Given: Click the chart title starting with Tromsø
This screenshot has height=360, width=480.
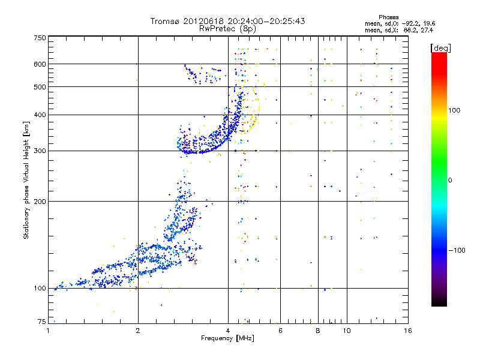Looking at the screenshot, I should pyautogui.click(x=227, y=21).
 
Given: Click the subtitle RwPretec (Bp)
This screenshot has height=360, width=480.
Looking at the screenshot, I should pyautogui.click(x=228, y=28).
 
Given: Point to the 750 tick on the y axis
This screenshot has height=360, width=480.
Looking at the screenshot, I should pyautogui.click(x=40, y=38).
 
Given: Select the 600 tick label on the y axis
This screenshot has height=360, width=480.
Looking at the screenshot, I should pyautogui.click(x=40, y=64).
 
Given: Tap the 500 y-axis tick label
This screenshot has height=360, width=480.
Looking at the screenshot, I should pyautogui.click(x=40, y=87).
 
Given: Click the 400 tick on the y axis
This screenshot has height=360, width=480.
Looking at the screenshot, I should pyautogui.click(x=40, y=115).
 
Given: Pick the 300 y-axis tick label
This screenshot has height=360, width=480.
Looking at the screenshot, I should pyautogui.click(x=40, y=151).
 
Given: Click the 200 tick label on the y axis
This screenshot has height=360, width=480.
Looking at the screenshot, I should pyautogui.click(x=40, y=202).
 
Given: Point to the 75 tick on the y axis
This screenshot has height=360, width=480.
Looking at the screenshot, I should pyautogui.click(x=41, y=322).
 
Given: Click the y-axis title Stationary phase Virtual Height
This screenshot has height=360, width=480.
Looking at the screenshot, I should pyautogui.click(x=26, y=179).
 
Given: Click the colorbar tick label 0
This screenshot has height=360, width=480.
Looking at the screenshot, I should pyautogui.click(x=451, y=180).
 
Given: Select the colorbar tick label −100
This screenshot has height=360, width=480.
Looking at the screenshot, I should pyautogui.click(x=456, y=250).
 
